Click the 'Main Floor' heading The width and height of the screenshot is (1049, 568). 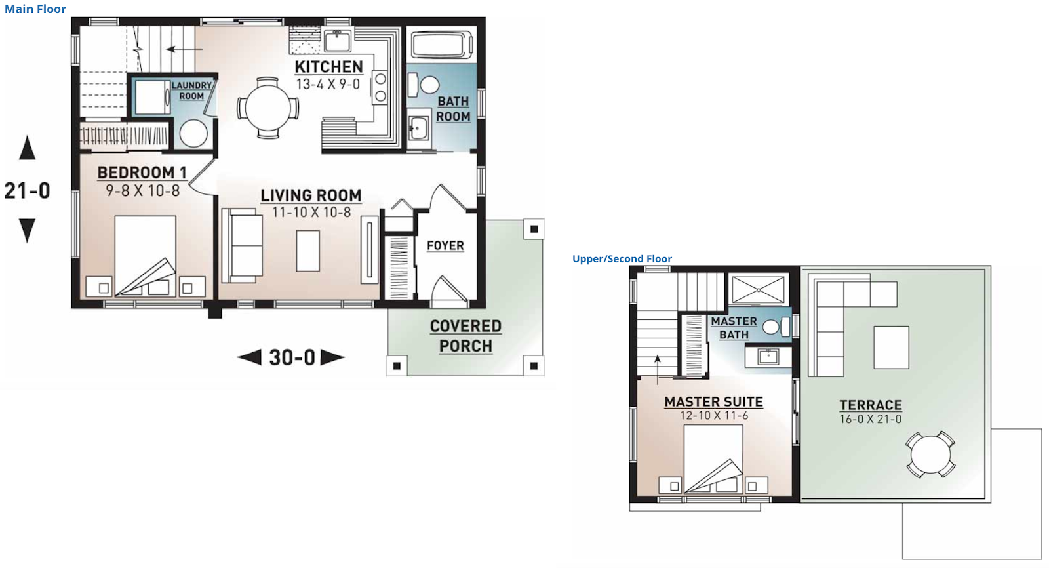tap(35, 9)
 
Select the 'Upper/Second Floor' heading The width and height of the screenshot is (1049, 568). tap(622, 259)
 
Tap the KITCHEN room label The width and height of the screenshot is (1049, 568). tap(328, 67)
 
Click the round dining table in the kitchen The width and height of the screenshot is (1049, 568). tap(267, 108)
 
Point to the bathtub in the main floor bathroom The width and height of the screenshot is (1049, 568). tap(441, 45)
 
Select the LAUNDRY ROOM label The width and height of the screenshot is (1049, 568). tap(191, 91)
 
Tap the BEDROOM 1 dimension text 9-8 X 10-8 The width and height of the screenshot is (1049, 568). tap(142, 191)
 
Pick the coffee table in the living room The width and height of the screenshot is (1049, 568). tap(307, 250)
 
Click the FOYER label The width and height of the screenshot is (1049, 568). tap(445, 245)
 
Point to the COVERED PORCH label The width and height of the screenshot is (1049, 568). tap(465, 336)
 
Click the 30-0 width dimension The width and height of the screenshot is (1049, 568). tap(292, 357)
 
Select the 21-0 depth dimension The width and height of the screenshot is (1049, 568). tap(27, 191)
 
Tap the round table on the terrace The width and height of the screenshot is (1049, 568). tap(930, 454)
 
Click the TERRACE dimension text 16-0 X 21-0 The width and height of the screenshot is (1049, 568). tap(870, 419)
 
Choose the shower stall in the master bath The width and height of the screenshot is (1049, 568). tap(758, 290)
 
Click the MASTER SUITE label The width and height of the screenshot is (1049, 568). tap(713, 402)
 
